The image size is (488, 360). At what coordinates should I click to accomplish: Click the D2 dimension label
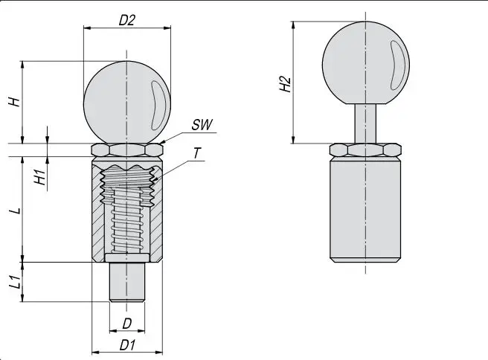click(x=127, y=20)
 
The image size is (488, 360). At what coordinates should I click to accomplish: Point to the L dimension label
click(x=14, y=210)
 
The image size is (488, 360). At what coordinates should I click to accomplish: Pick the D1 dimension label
click(x=127, y=346)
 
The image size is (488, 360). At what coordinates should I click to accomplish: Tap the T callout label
click(x=196, y=153)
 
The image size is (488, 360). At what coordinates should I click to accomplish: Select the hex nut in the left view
click(x=126, y=150)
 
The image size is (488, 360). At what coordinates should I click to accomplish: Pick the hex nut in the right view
click(x=365, y=150)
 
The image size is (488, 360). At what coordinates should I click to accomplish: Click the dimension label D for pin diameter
click(x=127, y=323)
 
